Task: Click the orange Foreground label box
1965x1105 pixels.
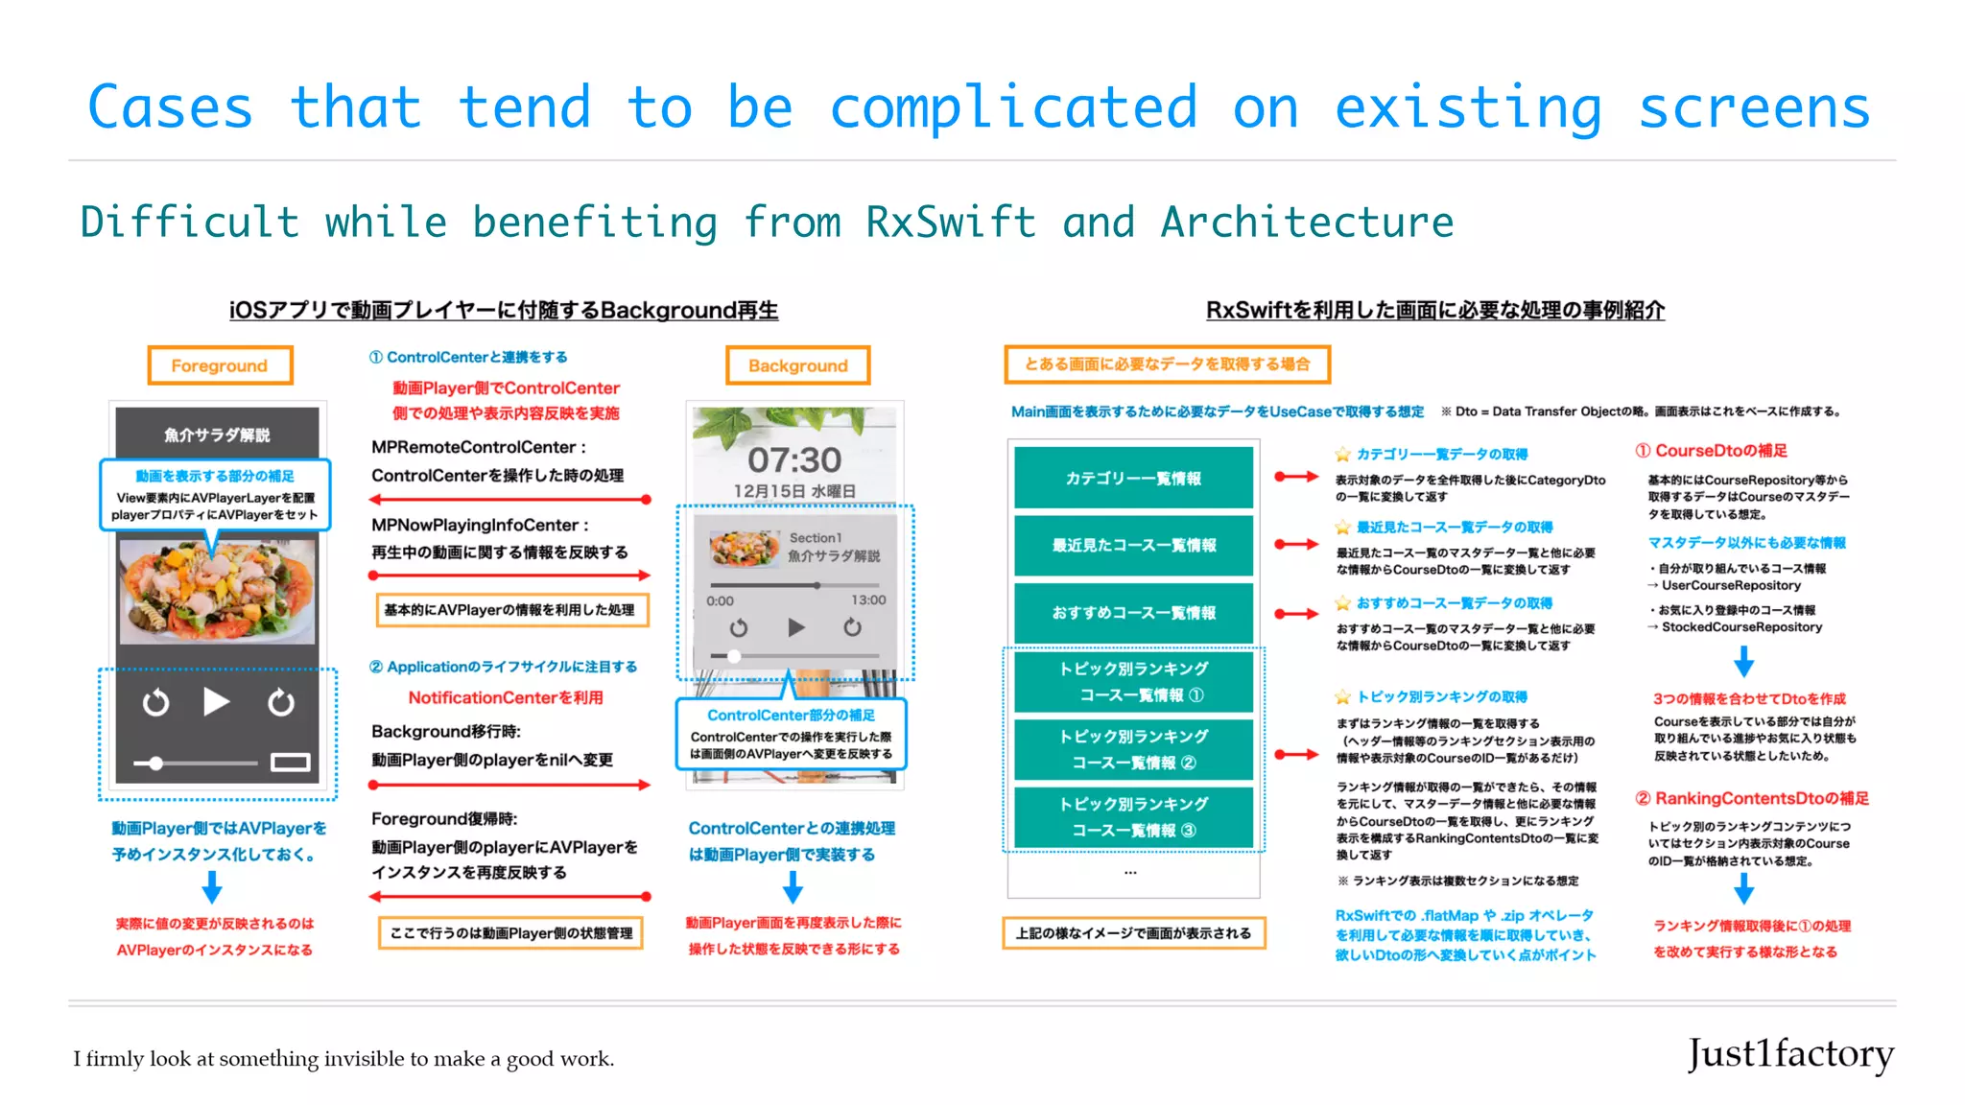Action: (220, 365)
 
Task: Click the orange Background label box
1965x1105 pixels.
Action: (797, 365)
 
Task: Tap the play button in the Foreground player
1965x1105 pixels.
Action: (217, 702)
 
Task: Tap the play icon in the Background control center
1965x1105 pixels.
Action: (795, 627)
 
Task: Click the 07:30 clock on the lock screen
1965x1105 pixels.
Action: (794, 460)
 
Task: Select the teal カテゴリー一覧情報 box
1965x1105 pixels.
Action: (1133, 478)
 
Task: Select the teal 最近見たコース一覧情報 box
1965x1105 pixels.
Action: (1133, 545)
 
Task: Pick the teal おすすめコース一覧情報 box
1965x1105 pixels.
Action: (1133, 612)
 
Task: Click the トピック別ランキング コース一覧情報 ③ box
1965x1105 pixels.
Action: (1133, 817)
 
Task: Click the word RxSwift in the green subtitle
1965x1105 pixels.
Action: (950, 223)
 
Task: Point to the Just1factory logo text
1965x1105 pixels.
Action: (1790, 1053)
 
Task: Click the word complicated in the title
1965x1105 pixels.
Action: (1013, 107)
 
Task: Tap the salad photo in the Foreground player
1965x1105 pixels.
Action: (217, 590)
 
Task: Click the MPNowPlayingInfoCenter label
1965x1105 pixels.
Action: (479, 525)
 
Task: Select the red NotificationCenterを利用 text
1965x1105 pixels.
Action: (506, 697)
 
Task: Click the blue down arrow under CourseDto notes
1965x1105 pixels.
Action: (1744, 661)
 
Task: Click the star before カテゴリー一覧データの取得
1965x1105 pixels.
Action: (1342, 455)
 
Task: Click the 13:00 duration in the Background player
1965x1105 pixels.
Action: (868, 600)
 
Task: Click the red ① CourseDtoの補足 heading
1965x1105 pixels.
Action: (1711, 451)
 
